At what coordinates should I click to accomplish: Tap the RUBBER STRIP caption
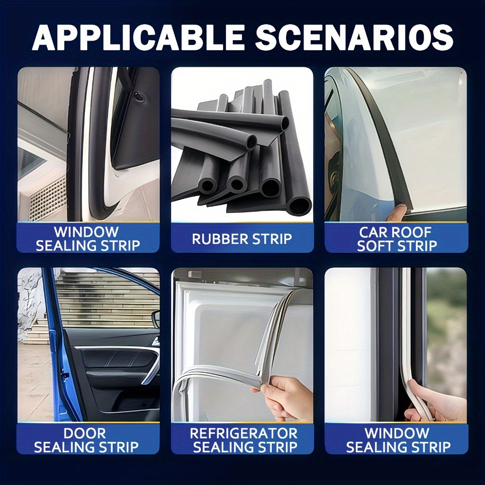[x=242, y=239]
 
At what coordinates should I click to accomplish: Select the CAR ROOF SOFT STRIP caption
[x=396, y=239]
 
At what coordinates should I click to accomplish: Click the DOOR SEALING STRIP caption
[x=86, y=440]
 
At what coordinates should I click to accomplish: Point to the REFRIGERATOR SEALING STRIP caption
[x=244, y=440]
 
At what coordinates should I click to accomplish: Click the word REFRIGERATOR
[x=244, y=433]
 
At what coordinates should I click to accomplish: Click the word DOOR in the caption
[x=85, y=433]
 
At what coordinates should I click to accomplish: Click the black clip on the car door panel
[x=139, y=97]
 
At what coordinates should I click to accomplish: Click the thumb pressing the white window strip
[x=416, y=393]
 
